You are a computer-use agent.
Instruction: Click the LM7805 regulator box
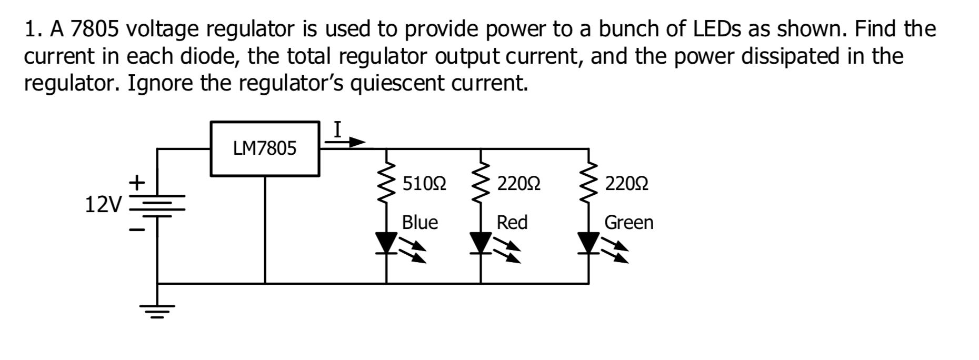coord(265,149)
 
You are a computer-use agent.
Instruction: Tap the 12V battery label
coord(103,205)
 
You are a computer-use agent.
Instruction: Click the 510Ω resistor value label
coord(424,184)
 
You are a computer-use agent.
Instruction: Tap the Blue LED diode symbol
coord(387,243)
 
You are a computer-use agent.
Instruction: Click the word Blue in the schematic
coord(419,223)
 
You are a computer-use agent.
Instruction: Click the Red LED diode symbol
coord(481,243)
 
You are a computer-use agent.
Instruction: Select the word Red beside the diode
coord(512,223)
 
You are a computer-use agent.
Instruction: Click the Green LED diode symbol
coord(588,243)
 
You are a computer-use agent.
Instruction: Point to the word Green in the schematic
coord(628,223)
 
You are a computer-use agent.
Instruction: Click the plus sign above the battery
coord(137,183)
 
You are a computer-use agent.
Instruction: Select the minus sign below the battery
coord(136,230)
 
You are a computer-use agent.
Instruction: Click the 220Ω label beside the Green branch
coord(626,184)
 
